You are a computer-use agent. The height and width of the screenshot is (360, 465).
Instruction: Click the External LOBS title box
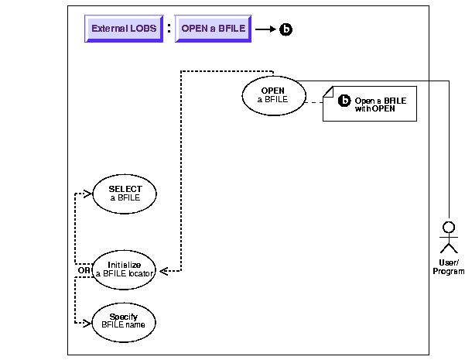pyautogui.click(x=124, y=29)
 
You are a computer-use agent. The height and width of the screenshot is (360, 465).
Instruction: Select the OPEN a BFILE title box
pyautogui.click(x=213, y=29)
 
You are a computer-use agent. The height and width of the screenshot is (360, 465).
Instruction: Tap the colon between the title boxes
pyautogui.click(x=169, y=28)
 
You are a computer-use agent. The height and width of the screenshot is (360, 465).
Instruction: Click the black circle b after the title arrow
pyautogui.click(x=286, y=29)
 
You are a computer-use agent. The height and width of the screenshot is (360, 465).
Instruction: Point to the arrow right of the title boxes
pyautogui.click(x=265, y=29)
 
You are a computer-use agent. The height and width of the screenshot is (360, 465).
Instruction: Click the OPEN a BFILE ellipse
pyautogui.click(x=272, y=95)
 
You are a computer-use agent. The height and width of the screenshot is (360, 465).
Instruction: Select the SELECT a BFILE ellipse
pyautogui.click(x=124, y=193)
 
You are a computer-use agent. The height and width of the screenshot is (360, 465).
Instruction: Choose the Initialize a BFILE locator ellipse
pyautogui.click(x=124, y=269)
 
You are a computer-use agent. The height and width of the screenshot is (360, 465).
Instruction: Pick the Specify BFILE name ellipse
pyautogui.click(x=124, y=319)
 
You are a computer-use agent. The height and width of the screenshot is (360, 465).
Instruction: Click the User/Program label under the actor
pyautogui.click(x=448, y=267)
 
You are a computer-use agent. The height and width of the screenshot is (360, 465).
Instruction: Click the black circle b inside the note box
pyautogui.click(x=344, y=101)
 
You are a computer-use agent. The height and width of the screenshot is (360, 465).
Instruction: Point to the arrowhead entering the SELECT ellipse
pyautogui.click(x=88, y=193)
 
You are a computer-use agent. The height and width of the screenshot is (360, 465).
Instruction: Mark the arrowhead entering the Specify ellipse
pyautogui.click(x=88, y=319)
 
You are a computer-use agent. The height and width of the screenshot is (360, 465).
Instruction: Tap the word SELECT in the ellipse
pyautogui.click(x=124, y=188)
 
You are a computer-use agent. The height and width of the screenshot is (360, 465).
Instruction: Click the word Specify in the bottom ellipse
pyautogui.click(x=124, y=315)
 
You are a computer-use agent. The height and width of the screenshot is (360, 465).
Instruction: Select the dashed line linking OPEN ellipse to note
pyautogui.click(x=314, y=101)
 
